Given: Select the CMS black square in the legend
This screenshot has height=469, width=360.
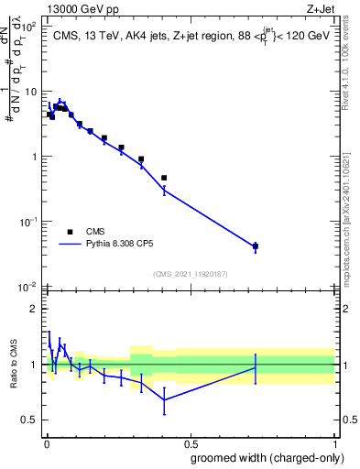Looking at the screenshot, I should tap(71, 232).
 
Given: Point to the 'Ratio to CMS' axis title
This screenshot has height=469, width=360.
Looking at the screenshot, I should tap(14, 365).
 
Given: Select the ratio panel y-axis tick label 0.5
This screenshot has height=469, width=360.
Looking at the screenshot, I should tap(28, 420).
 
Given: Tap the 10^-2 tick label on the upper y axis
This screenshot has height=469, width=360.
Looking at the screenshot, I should tap(27, 287).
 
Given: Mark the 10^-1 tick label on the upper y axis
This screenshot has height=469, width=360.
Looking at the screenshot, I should tap(27, 222).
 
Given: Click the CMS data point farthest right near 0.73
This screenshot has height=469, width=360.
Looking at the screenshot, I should tap(255, 246).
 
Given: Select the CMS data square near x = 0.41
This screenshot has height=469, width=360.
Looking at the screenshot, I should tap(164, 178).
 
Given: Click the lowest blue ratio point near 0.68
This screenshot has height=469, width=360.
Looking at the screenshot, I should tap(164, 399).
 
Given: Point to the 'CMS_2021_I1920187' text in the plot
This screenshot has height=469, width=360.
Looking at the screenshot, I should tap(190, 273).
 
